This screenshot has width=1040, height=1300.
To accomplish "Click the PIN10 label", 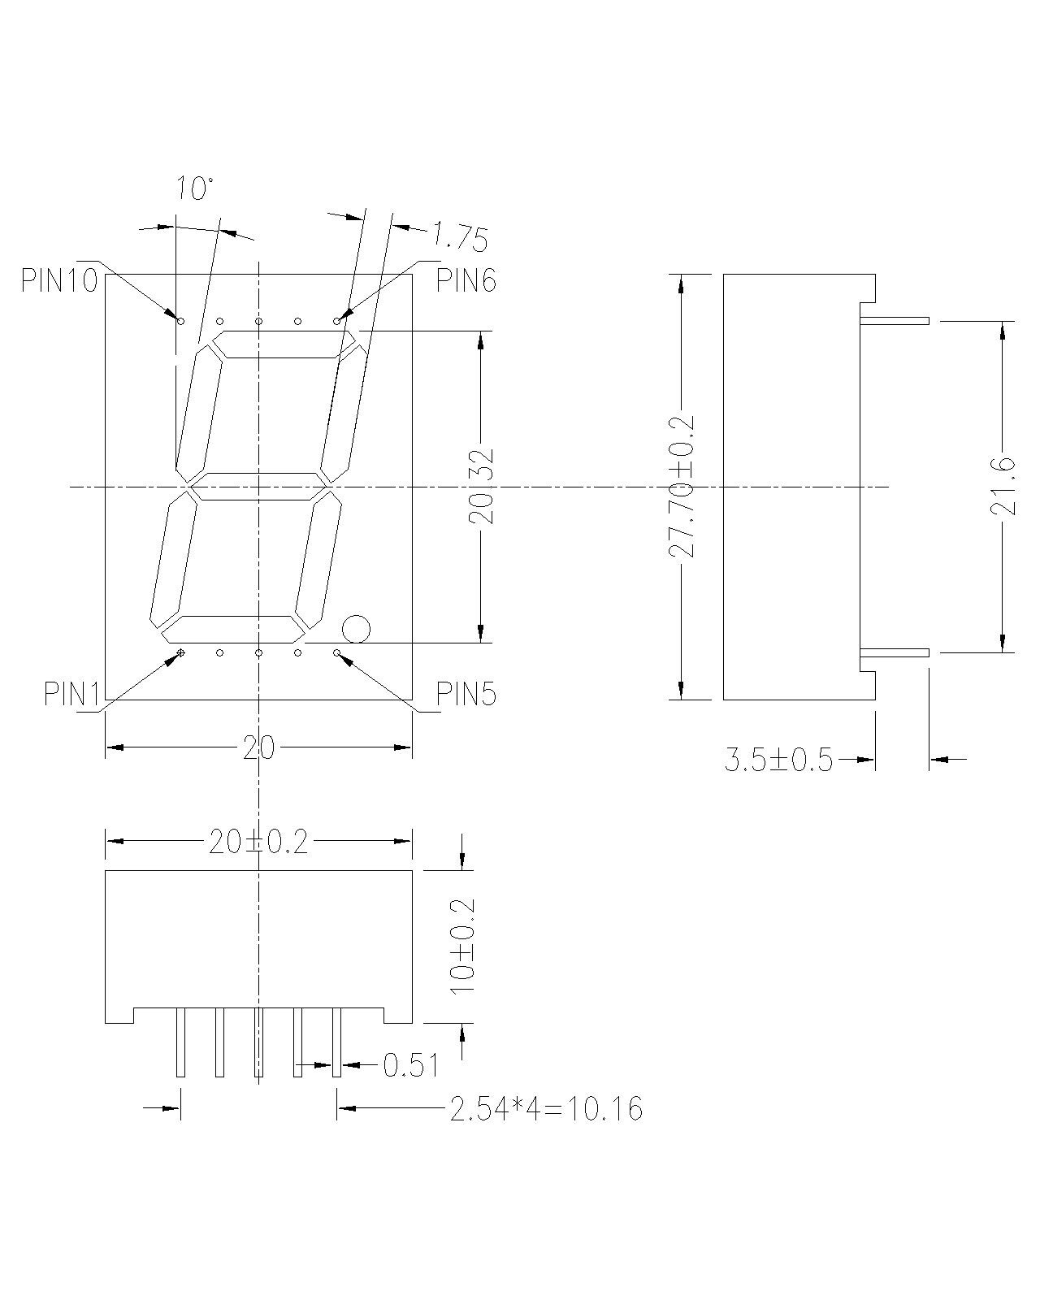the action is click(59, 280).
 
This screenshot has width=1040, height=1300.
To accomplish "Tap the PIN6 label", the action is click(466, 280).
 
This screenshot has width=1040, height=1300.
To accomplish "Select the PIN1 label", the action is click(71, 694).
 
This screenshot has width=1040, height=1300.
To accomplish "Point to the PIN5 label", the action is click(466, 694).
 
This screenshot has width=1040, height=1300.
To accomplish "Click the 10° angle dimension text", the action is click(194, 188).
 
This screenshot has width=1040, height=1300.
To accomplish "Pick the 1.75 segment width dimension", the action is click(459, 236).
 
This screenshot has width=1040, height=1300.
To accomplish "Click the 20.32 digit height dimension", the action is click(481, 487).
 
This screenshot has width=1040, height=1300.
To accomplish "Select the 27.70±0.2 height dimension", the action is click(682, 487).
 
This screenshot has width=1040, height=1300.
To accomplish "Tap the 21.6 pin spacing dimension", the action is click(1003, 487).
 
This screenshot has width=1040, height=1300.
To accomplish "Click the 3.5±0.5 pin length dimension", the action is click(778, 760).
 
